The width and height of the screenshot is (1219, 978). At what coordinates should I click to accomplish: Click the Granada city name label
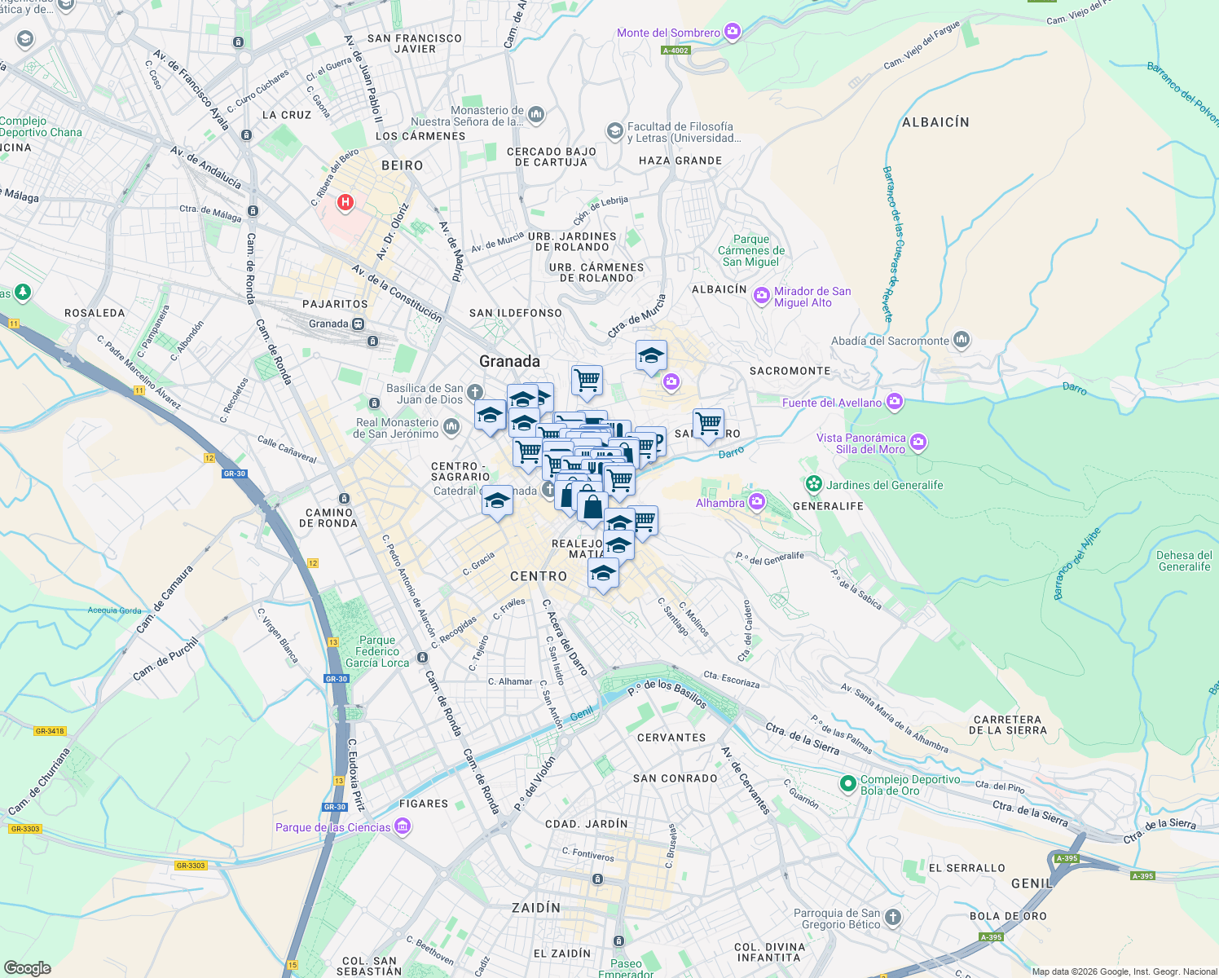509,361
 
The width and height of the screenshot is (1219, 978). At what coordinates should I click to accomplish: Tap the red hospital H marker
345,202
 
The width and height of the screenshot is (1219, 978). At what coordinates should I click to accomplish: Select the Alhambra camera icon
757,501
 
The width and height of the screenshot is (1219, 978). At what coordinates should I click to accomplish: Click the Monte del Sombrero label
668,33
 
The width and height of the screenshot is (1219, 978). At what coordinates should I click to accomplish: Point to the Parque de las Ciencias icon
403,827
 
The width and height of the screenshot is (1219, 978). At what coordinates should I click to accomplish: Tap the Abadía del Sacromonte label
890,341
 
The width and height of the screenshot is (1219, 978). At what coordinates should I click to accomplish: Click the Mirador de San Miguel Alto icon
762,296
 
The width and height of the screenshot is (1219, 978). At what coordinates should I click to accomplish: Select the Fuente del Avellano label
832,403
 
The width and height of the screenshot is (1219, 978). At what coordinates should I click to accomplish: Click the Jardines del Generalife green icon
814,485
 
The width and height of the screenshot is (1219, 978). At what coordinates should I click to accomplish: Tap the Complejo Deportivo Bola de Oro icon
848,784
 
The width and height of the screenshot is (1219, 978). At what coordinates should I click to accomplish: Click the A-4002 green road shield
676,51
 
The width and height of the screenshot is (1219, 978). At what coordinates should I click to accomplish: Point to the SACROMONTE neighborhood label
790,371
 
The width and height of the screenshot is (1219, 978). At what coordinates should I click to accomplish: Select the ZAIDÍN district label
535,907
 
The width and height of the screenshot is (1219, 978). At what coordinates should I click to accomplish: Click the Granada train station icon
359,324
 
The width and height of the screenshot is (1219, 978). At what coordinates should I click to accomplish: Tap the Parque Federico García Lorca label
377,651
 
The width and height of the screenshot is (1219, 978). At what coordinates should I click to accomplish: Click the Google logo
27,967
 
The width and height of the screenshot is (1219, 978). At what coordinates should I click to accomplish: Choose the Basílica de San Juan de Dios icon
475,393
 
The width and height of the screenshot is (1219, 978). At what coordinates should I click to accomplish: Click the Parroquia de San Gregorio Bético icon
893,918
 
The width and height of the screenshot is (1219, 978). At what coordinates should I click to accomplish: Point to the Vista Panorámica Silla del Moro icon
918,443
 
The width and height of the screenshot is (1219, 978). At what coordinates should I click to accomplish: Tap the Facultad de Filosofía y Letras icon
614,131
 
